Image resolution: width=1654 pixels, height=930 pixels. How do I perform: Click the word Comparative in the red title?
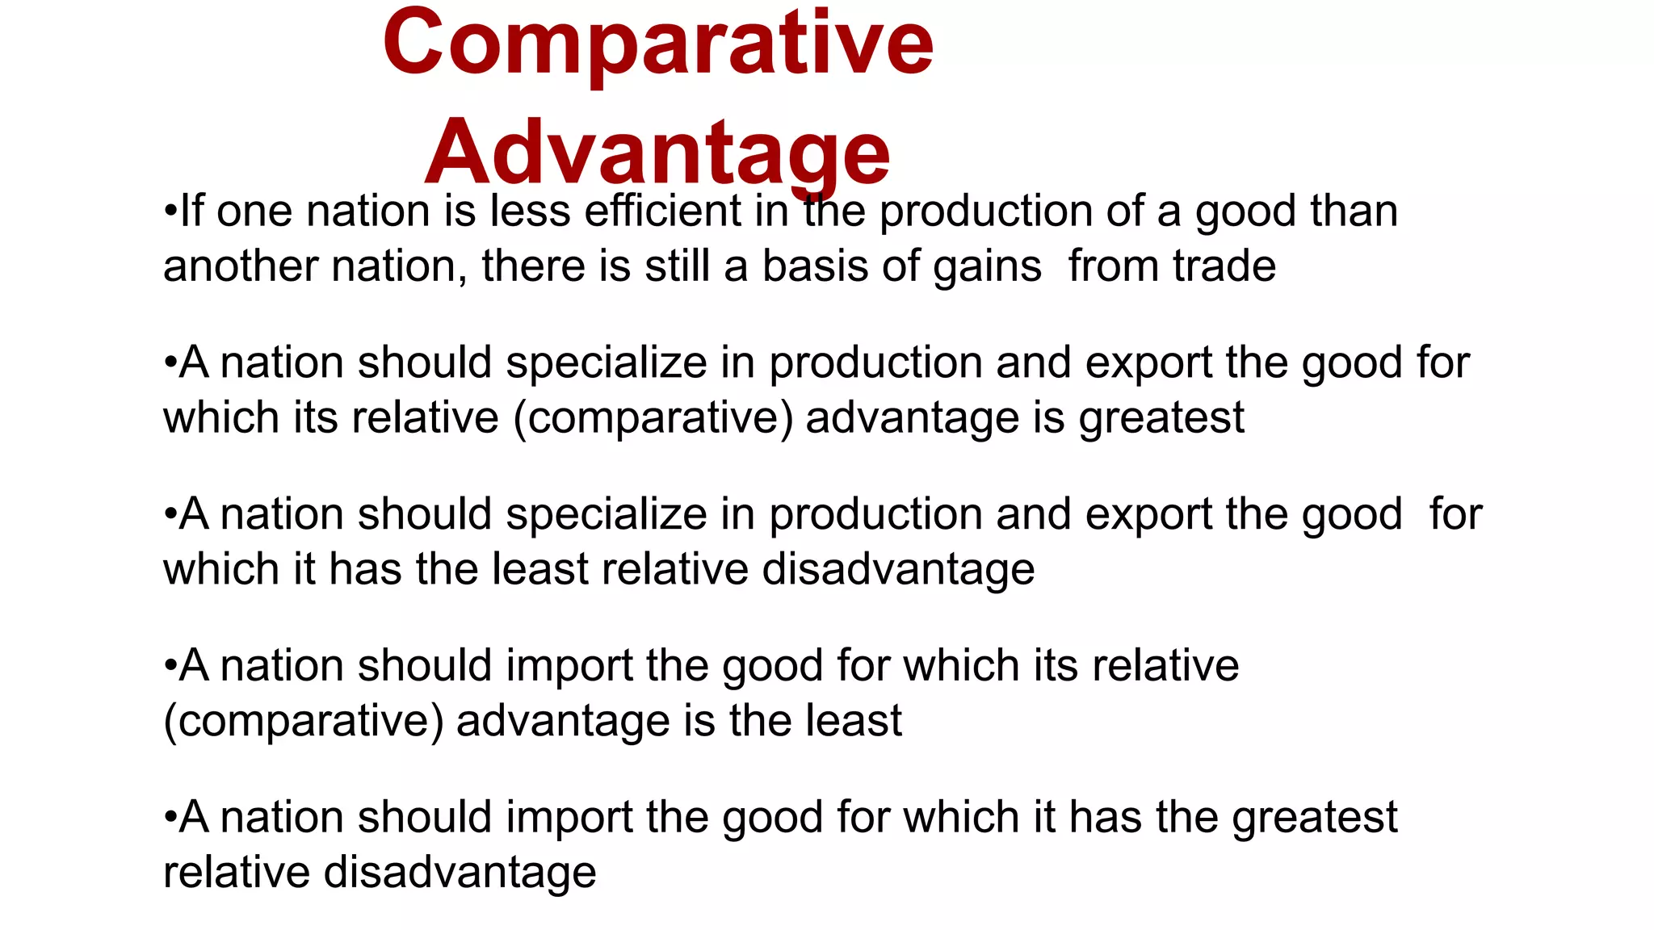click(x=657, y=44)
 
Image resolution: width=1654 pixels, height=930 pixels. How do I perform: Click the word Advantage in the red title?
click(x=657, y=153)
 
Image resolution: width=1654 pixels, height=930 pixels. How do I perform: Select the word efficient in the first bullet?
click(x=662, y=212)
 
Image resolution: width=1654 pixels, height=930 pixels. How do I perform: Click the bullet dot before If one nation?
click(x=170, y=212)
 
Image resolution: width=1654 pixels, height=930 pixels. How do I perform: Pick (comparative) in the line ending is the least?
click(x=304, y=721)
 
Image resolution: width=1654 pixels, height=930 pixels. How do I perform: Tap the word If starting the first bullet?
click(x=191, y=212)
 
